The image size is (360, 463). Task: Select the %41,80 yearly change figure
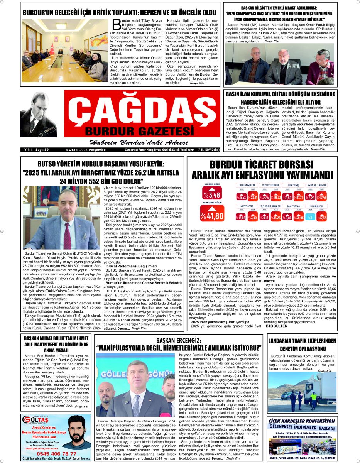click(212, 216)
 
